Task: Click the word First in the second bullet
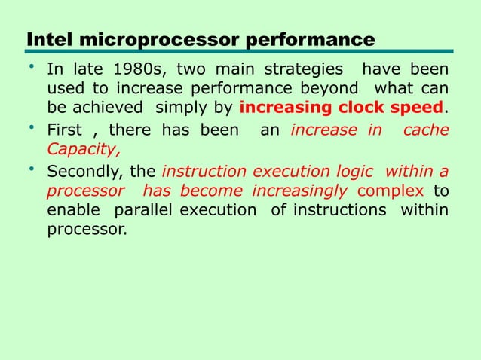[x=65, y=130]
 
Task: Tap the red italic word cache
[x=427, y=130]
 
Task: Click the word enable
[x=72, y=209]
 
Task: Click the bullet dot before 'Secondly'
[x=32, y=168]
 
